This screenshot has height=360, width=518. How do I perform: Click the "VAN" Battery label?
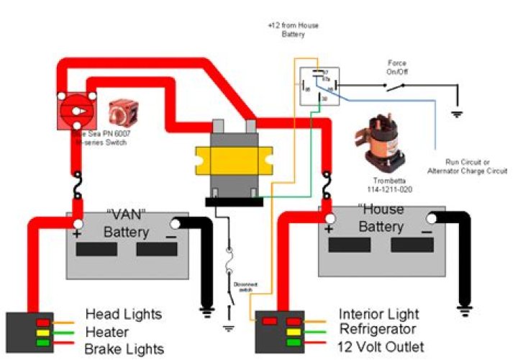(126, 223)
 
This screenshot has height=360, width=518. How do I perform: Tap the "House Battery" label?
(379, 218)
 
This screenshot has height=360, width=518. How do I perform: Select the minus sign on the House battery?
(427, 233)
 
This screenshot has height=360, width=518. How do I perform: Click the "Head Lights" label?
(124, 315)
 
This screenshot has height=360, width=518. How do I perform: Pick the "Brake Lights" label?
(124, 349)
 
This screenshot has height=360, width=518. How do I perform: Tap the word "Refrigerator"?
(378, 331)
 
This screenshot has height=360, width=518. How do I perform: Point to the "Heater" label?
(107, 332)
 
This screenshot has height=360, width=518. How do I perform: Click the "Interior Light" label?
(380, 315)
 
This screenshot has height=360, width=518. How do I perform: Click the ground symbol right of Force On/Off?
(456, 113)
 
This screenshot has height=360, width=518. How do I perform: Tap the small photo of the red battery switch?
(118, 113)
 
